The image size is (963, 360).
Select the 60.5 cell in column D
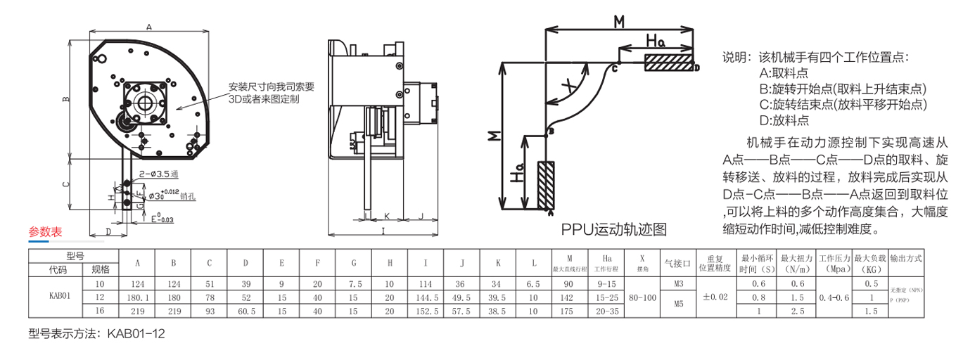tap(245, 311)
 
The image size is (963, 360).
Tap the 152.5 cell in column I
tap(426, 311)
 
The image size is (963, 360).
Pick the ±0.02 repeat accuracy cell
tap(715, 297)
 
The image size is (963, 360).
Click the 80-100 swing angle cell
tap(641, 297)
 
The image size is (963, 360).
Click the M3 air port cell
tap(679, 284)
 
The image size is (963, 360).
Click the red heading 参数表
tap(45, 232)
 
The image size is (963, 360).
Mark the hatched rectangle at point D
tap(668, 62)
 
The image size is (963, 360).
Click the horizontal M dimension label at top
tap(618, 21)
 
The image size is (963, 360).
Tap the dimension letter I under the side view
tap(383, 230)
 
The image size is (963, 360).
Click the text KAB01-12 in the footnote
tap(136, 333)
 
